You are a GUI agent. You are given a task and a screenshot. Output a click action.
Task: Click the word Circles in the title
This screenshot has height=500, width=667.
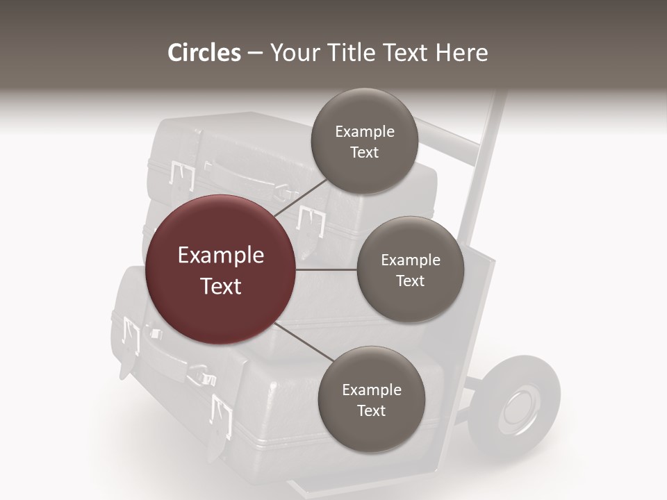tap(204, 53)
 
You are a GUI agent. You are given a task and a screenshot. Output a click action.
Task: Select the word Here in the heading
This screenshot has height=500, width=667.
tap(462, 53)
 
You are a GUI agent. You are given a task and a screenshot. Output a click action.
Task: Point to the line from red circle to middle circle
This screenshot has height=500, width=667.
tap(327, 269)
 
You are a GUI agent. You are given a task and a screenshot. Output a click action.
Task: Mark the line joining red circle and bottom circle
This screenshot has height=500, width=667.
tap(304, 342)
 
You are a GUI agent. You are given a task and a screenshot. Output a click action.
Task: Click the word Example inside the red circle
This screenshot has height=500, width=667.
tap(220, 256)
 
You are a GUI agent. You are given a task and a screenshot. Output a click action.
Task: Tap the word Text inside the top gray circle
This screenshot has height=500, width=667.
tap(364, 153)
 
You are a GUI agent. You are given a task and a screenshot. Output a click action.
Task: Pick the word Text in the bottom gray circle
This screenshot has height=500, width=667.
tap(371, 411)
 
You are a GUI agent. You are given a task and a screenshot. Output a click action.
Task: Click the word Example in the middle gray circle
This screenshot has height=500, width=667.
tap(411, 260)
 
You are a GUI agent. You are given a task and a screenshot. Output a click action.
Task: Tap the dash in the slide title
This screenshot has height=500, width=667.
tap(255, 53)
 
